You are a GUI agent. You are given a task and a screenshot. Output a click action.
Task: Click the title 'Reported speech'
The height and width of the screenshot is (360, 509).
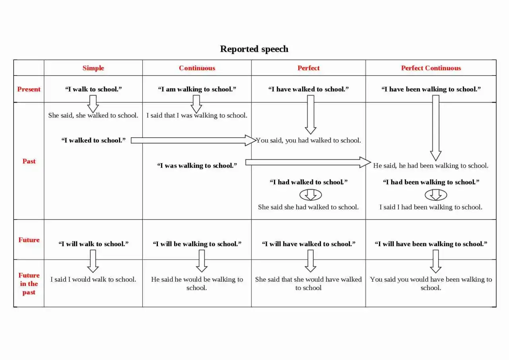pyautogui.click(x=254, y=49)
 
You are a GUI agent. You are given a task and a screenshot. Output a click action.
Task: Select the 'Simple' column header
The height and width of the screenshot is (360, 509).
pyautogui.click(x=93, y=68)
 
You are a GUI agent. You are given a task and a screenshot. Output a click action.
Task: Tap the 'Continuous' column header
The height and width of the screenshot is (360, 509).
pyautogui.click(x=197, y=68)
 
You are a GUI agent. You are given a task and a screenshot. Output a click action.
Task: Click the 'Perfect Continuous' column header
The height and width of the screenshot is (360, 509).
pyautogui.click(x=431, y=68)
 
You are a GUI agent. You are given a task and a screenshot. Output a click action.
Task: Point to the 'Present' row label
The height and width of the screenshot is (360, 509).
pyautogui.click(x=29, y=89)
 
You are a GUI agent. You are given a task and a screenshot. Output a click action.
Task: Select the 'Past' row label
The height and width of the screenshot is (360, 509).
pyautogui.click(x=29, y=161)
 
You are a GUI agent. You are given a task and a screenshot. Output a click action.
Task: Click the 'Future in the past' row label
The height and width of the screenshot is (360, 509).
pyautogui.click(x=29, y=284)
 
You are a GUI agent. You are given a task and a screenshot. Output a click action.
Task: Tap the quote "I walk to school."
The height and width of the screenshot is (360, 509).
pyautogui.click(x=93, y=89)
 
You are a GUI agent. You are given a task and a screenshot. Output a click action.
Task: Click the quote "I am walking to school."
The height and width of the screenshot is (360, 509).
pyautogui.click(x=197, y=89)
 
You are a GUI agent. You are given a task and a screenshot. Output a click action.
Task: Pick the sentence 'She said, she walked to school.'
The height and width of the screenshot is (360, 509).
pyautogui.click(x=93, y=115)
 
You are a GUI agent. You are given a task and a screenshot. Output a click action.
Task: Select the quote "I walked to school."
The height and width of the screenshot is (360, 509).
pyautogui.click(x=93, y=140)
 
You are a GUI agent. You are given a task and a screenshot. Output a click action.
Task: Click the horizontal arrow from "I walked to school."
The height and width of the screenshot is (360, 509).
pyautogui.click(x=193, y=140)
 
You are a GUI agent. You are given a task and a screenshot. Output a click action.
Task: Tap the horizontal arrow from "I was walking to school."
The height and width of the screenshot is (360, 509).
pyautogui.click(x=308, y=162)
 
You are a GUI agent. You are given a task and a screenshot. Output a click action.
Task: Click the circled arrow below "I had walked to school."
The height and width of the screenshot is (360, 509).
pyautogui.click(x=311, y=195)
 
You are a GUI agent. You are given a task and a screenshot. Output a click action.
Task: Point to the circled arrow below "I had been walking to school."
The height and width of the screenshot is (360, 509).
pyautogui.click(x=435, y=195)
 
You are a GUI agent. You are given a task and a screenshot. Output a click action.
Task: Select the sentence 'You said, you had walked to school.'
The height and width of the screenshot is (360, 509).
pyautogui.click(x=308, y=140)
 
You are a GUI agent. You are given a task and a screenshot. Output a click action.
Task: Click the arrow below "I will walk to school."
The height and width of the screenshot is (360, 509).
pyautogui.click(x=93, y=261)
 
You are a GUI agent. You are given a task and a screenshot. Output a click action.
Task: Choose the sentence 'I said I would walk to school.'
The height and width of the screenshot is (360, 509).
pyautogui.click(x=93, y=279)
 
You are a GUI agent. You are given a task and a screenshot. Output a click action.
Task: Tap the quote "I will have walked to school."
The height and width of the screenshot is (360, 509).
pyautogui.click(x=309, y=244)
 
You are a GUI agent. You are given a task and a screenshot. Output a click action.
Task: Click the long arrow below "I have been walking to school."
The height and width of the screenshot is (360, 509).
pyautogui.click(x=435, y=128)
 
